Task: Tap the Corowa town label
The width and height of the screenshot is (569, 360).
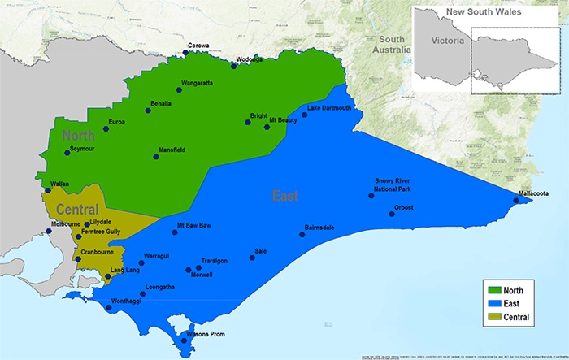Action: click(198, 46)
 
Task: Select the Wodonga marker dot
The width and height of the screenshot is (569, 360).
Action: click(234, 66)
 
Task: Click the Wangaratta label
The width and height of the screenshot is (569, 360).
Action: click(197, 83)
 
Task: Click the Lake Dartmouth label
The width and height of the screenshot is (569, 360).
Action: click(329, 108)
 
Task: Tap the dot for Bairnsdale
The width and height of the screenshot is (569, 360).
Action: click(302, 235)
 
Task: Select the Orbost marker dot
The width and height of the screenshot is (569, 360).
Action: click(392, 214)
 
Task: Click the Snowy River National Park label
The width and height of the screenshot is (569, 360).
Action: click(393, 184)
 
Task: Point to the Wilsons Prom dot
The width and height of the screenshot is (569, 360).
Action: click(185, 340)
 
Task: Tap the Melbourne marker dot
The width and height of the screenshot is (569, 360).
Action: click(49, 232)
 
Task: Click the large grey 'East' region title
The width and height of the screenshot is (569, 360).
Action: click(284, 196)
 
